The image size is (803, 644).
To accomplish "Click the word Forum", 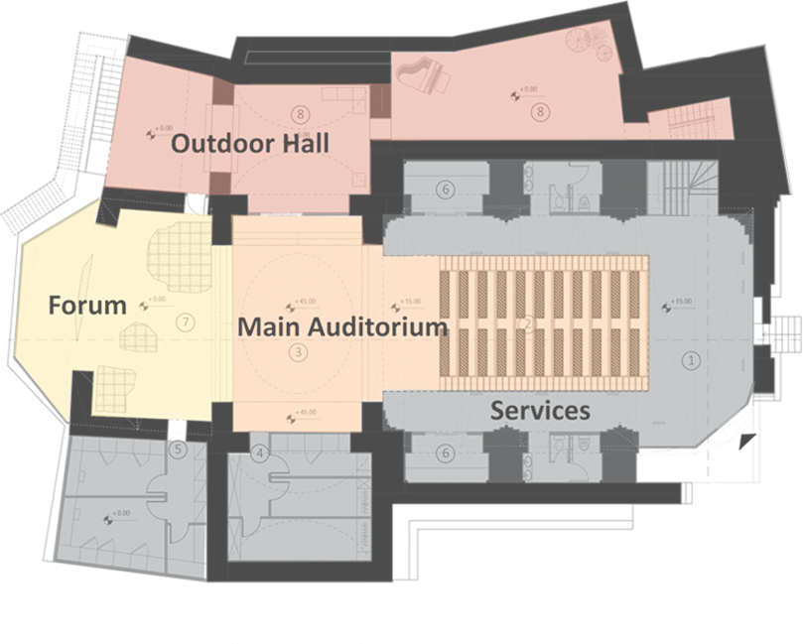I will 87,305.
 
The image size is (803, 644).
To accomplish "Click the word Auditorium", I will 383,326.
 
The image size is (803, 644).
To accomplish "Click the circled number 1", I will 693,361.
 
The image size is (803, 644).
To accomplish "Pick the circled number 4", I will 260,454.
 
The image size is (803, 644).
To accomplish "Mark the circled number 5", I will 178,450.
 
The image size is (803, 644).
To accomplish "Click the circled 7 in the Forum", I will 181,322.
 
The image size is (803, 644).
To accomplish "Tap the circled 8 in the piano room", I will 540,112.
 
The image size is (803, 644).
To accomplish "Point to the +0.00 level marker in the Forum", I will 157,301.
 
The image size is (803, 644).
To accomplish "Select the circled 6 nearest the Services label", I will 447,453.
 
